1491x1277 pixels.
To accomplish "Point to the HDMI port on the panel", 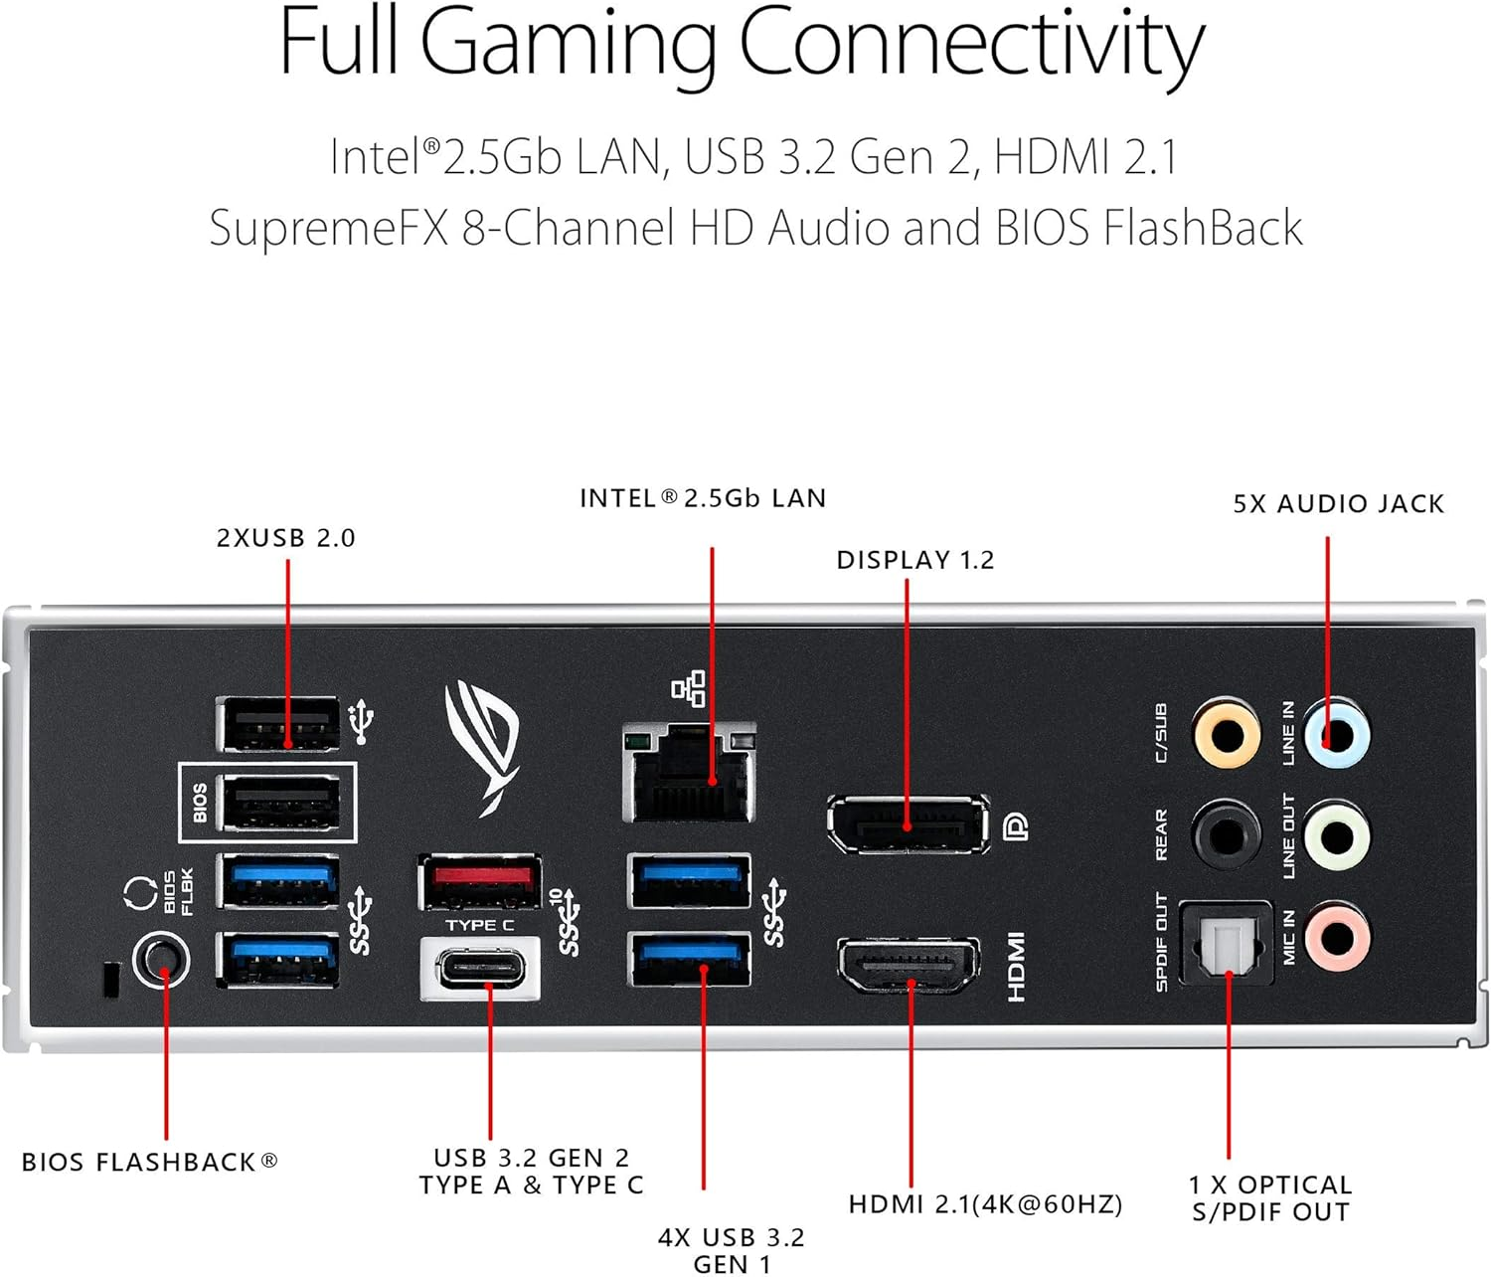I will pyautogui.click(x=909, y=965).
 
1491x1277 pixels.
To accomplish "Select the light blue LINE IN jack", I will pyautogui.click(x=1337, y=735).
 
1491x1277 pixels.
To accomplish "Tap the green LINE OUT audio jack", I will pyautogui.click(x=1337, y=835).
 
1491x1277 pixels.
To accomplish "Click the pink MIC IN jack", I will pyautogui.click(x=1337, y=937).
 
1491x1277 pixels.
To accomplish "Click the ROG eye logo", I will pyautogui.click(x=483, y=744).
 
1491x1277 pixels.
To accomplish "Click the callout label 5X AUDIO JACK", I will pyautogui.click(x=1338, y=504).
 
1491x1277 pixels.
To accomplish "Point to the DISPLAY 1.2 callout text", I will pyautogui.click(x=914, y=560).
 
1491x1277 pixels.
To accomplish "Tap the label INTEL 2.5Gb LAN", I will pyautogui.click(x=703, y=498).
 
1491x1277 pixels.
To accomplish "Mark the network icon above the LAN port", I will pyautogui.click(x=689, y=688).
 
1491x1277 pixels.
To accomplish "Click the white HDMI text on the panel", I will pyautogui.click(x=1016, y=966).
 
